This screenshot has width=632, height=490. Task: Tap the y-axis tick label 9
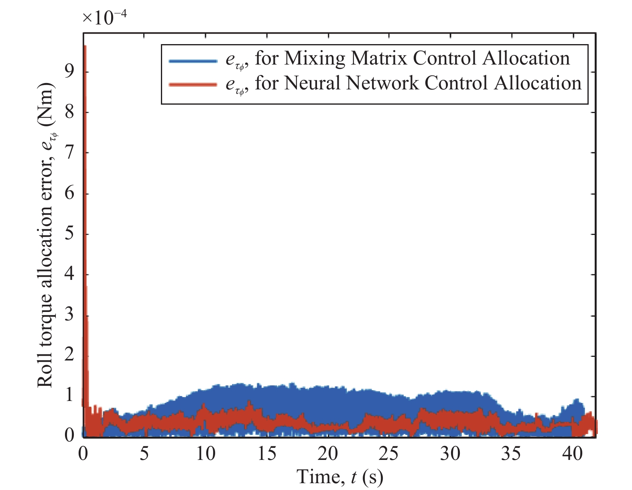tap(69, 71)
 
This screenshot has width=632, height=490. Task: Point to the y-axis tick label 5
tap(69, 233)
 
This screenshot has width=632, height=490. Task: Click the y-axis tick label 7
tap(69, 152)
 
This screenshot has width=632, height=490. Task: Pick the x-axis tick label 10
tap(205, 454)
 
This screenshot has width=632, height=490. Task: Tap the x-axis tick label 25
tap(388, 454)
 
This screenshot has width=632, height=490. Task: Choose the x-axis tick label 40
tap(572, 454)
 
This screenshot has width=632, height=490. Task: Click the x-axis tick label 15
tap(266, 454)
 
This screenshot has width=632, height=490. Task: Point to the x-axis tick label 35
tap(511, 454)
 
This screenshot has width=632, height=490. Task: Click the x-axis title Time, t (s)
tap(339, 477)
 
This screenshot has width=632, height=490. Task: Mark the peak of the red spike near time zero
tap(85, 46)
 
